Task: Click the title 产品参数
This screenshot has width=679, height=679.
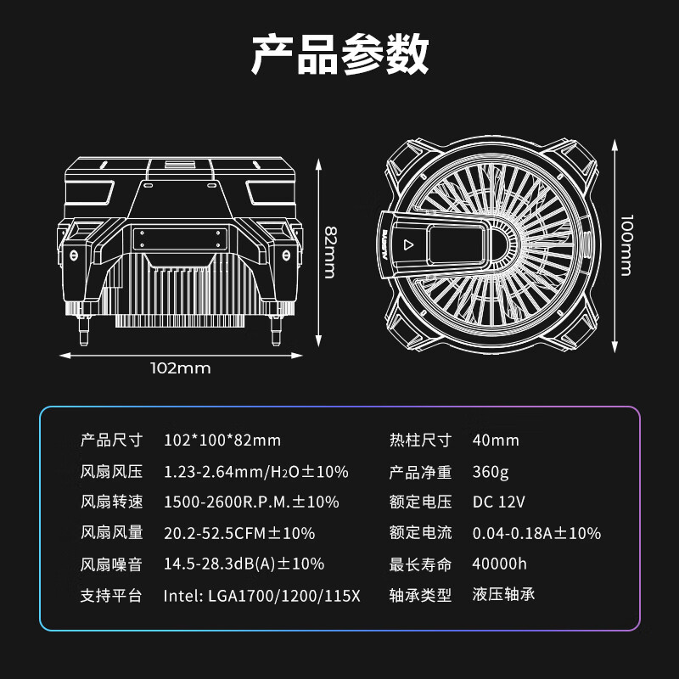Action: [339, 56]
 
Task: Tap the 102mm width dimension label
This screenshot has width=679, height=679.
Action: [180, 368]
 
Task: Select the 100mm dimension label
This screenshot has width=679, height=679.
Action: [626, 244]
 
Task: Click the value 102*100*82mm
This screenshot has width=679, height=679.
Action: [222, 441]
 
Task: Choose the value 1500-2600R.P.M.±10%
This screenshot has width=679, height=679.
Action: [251, 502]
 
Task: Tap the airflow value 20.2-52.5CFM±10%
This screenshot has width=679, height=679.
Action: [238, 534]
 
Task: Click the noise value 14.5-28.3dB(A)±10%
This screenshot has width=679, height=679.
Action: [244, 564]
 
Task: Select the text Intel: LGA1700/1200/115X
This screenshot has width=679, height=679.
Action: [261, 596]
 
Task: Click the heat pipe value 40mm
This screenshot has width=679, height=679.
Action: [496, 441]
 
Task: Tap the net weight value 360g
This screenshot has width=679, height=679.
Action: [490, 472]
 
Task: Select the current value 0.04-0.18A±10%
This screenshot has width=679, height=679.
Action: [536, 534]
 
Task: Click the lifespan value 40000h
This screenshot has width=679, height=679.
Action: [500, 564]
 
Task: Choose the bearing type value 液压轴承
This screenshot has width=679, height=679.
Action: [504, 595]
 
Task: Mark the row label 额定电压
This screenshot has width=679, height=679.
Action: [420, 502]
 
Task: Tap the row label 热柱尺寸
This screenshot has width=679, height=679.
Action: [420, 441]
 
